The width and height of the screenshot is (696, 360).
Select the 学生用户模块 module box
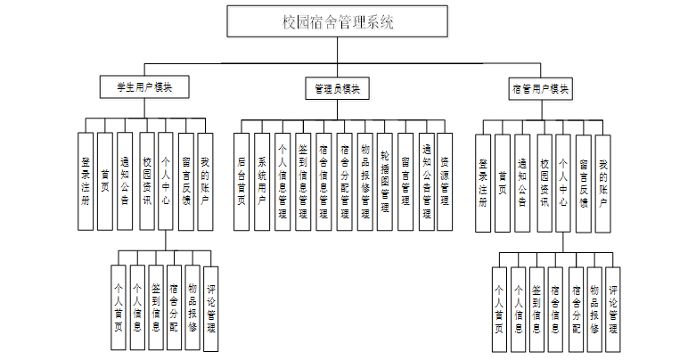[x=144, y=87]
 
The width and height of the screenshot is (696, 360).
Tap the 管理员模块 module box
[x=337, y=88]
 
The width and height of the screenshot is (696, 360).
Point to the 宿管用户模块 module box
[x=541, y=88]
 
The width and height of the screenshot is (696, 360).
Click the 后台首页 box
[x=242, y=182]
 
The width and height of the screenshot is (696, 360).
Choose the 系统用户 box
[x=262, y=182]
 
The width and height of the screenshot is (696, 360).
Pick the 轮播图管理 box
[x=385, y=182]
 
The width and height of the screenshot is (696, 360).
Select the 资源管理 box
[x=446, y=182]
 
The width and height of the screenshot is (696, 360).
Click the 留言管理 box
[x=405, y=182]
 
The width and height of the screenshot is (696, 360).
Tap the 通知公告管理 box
[x=426, y=182]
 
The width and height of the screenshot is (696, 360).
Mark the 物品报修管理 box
[x=364, y=182]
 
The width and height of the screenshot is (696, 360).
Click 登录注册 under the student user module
[x=86, y=182]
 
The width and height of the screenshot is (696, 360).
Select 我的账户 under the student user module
[x=205, y=182]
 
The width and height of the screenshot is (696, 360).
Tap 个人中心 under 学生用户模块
[x=166, y=182]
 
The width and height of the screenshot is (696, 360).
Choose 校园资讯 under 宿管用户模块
[x=544, y=182]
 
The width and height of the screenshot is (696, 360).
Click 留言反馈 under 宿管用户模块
[x=583, y=182]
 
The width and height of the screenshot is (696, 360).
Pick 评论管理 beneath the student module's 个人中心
[x=211, y=308]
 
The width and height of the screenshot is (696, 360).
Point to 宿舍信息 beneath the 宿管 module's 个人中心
[x=555, y=308]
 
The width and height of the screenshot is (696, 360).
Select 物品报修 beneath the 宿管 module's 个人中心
[x=594, y=308]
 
